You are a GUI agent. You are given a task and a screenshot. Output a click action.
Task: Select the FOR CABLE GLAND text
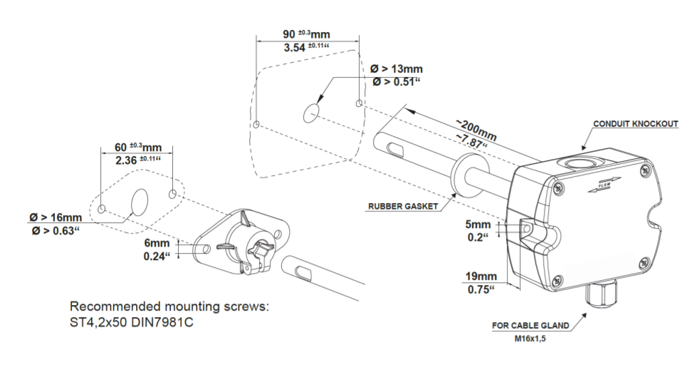(530, 326)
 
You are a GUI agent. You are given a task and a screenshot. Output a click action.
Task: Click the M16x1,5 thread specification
(531, 339)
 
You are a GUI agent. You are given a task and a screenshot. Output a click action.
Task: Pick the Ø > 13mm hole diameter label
(397, 69)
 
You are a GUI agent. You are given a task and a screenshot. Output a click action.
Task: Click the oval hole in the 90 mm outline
(310, 112)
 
